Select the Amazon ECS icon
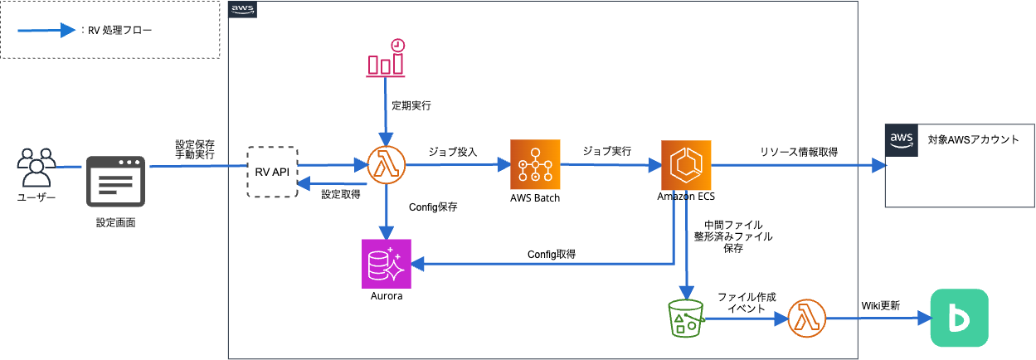coord(686,165)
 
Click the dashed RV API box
coord(272,172)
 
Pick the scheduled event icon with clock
coord(386,59)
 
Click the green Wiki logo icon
coord(959,318)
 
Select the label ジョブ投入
coord(452,152)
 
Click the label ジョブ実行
coord(606,152)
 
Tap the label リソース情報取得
coord(798,152)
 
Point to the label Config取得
coord(552,254)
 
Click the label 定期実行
coord(411,106)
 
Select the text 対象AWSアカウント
coord(973,139)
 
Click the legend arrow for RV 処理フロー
coord(48,31)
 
